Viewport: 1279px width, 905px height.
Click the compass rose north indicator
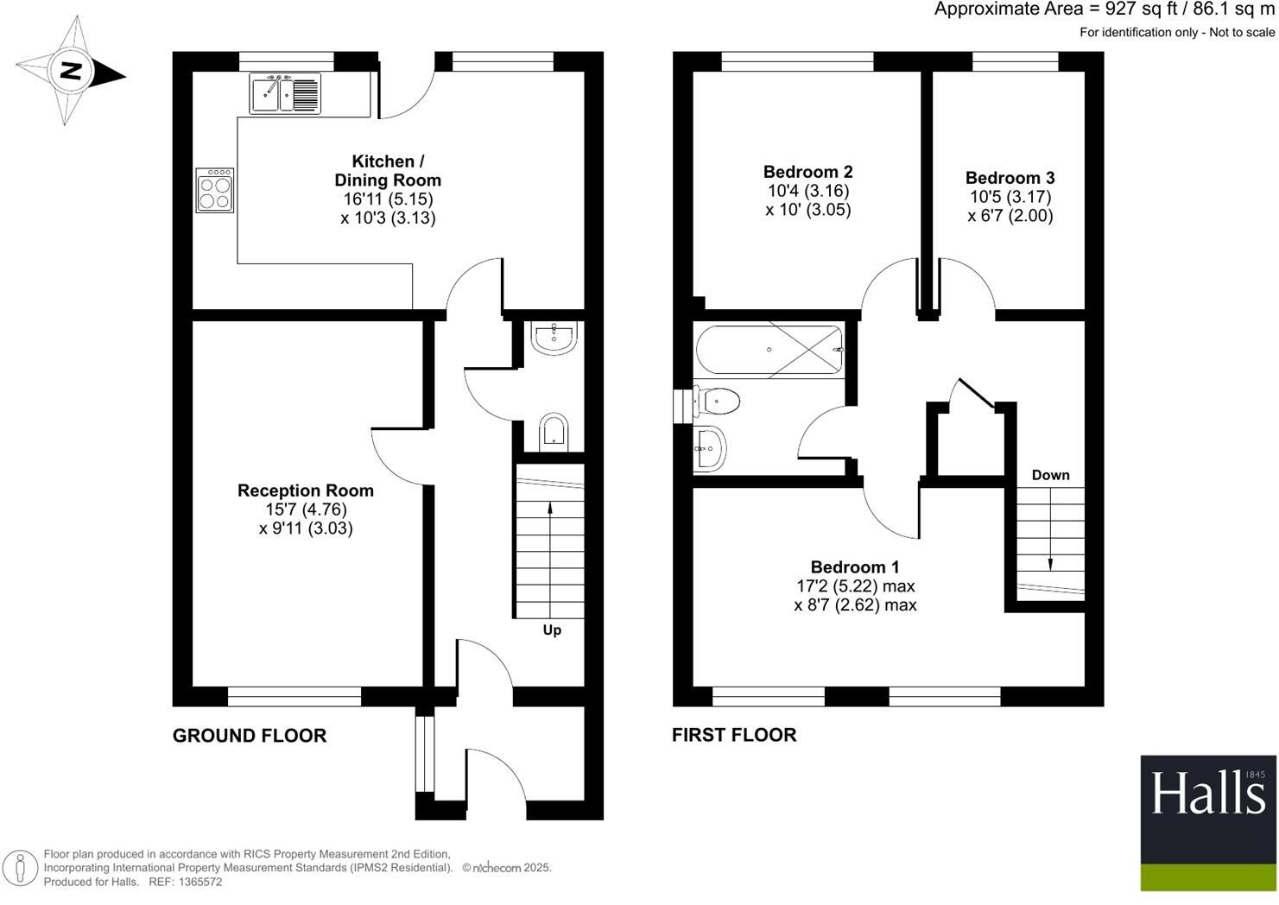point(71,72)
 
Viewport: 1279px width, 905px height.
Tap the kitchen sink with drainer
point(285,93)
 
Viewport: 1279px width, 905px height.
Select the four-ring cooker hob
point(215,191)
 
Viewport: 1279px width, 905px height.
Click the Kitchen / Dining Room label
point(388,171)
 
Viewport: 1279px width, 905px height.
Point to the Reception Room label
point(306,490)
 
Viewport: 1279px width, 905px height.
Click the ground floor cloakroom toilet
point(553,432)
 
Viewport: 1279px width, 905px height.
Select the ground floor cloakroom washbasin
point(554,339)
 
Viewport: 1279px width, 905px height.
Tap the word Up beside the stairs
point(552,630)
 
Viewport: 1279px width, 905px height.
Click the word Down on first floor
point(1050,475)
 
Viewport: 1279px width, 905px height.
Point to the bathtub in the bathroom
point(769,350)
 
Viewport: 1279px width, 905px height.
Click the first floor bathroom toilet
point(717,402)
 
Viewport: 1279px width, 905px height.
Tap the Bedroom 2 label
point(807,172)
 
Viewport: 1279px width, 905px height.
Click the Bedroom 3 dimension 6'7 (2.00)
point(1010,216)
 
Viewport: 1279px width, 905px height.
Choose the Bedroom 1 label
point(854,567)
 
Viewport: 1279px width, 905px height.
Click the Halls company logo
point(1207,822)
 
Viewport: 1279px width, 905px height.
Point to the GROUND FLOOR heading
point(250,736)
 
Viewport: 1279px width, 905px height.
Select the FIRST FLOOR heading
point(734,735)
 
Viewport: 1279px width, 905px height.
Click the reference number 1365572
point(199,882)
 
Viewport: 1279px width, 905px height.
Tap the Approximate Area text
point(1104,9)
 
